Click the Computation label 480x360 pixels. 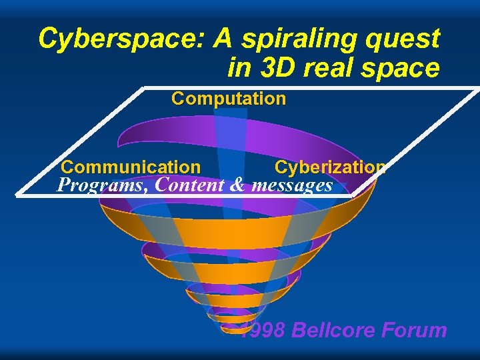(229, 99)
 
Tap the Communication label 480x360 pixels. (131, 167)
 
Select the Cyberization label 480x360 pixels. (330, 167)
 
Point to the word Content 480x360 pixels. (189, 185)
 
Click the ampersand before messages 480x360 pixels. (237, 185)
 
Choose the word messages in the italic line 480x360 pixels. (291, 185)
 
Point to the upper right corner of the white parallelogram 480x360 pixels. (478, 88)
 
